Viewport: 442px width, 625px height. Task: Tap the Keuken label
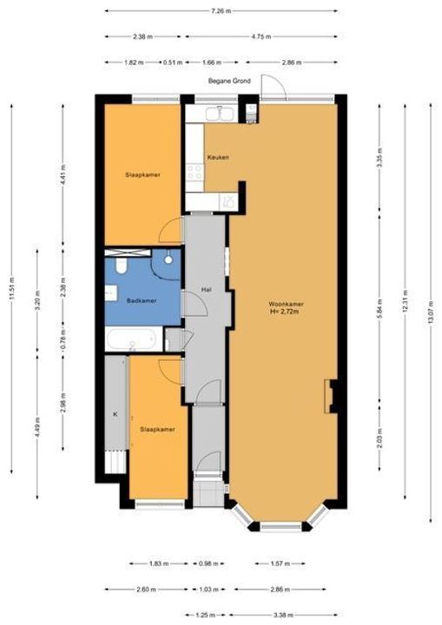218,157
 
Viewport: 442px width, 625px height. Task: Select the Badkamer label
142,300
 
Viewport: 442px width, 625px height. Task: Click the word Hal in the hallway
206,290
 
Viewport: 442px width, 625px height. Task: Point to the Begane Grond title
229,81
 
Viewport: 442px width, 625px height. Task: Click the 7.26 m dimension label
221,11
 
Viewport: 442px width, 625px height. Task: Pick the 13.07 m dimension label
430,312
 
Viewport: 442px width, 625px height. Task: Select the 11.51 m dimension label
12,288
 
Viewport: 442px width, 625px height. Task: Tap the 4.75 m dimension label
261,36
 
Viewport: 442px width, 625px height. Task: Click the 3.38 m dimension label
284,615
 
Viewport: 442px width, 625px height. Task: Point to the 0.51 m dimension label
172,62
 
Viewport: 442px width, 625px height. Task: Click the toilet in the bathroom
121,266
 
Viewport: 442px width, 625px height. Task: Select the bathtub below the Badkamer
131,339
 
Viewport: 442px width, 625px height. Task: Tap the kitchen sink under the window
220,114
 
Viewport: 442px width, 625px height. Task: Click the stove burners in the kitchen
195,172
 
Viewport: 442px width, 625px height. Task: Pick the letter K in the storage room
115,414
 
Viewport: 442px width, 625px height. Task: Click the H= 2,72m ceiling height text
285,312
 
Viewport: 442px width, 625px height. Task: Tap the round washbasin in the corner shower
168,260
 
